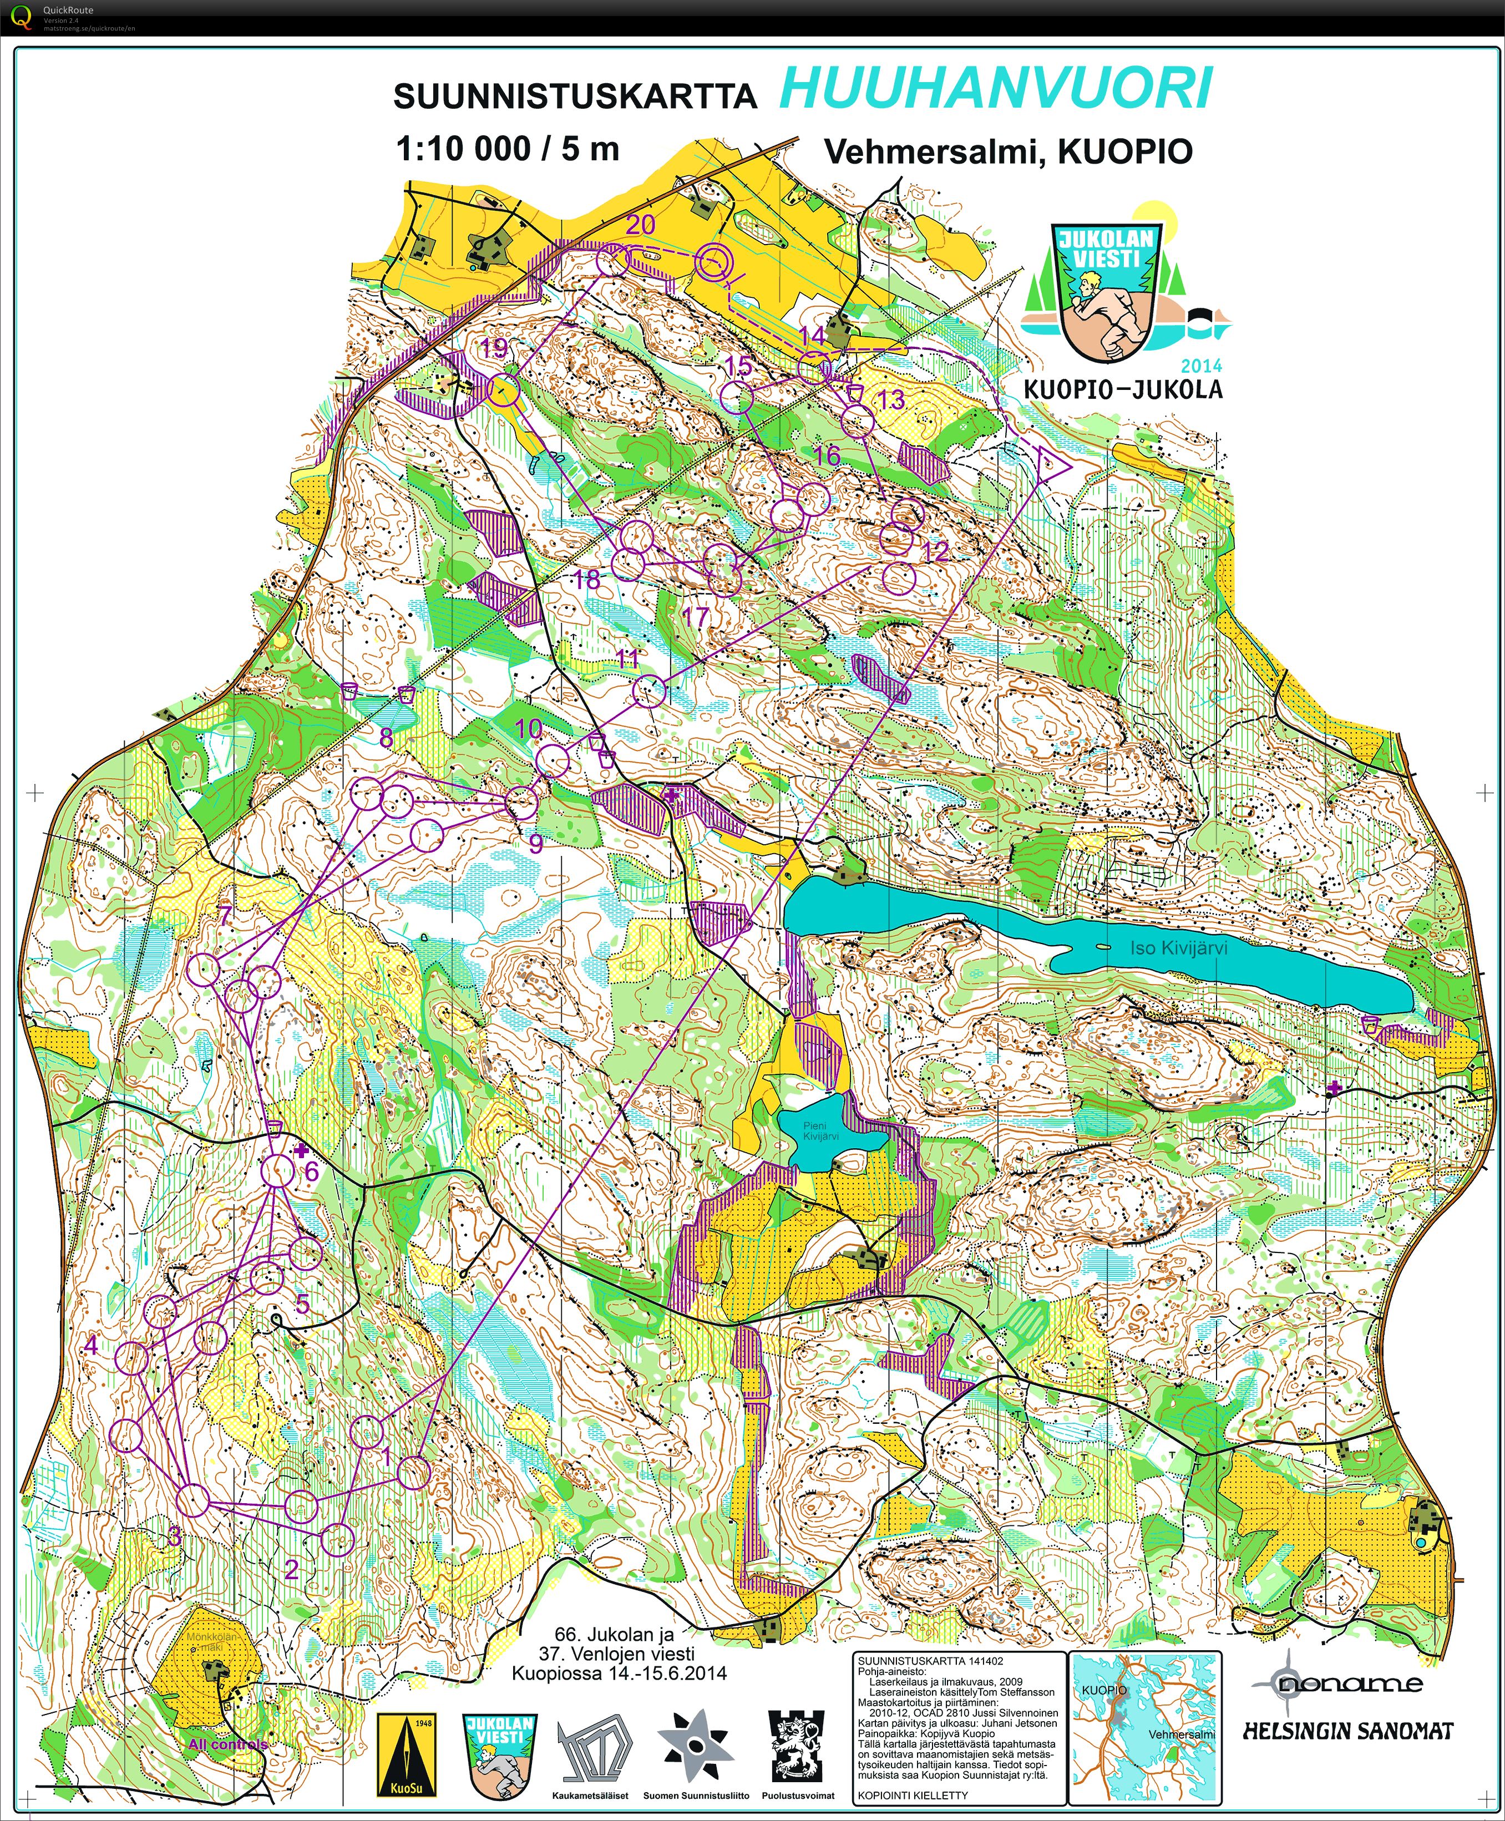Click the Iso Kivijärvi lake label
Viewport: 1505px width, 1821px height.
(1178, 948)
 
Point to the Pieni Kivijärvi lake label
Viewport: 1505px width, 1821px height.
(820, 1131)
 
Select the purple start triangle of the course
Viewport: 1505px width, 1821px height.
(1052, 467)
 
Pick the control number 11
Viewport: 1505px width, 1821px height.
(627, 659)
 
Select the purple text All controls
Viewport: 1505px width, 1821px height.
(227, 1744)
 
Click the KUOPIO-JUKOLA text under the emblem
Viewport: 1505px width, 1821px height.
(1123, 389)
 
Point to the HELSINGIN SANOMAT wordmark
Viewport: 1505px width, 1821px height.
(1347, 1732)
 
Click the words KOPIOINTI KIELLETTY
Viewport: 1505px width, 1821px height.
(912, 1795)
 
